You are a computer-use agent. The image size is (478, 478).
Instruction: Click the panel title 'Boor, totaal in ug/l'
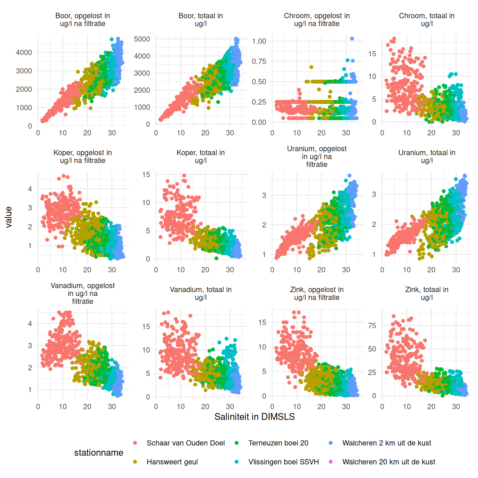point(200,20)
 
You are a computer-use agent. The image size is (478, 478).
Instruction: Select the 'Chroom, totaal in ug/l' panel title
point(427,20)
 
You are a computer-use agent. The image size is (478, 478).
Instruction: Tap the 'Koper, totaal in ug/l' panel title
point(200,157)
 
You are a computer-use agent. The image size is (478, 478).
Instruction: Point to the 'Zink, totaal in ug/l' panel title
point(427,293)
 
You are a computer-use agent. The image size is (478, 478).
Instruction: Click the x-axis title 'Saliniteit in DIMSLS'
point(254,417)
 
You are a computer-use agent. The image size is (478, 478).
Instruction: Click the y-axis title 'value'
point(9,217)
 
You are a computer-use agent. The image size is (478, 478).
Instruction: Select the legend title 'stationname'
point(98,452)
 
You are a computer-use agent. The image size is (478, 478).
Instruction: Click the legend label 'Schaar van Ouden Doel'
point(185,443)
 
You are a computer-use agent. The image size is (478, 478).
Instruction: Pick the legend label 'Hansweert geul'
point(172,462)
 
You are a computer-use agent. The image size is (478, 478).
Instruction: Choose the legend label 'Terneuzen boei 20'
point(278,443)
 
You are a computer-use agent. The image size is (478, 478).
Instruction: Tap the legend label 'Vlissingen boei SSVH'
point(284,462)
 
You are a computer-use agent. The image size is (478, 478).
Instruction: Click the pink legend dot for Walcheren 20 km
point(331,462)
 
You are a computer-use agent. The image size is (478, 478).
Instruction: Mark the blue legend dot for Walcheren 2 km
point(331,443)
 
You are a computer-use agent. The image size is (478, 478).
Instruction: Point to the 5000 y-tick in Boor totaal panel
point(142,39)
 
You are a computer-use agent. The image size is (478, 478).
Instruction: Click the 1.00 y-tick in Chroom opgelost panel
point(259,41)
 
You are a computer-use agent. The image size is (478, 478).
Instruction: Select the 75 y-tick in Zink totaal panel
point(372,326)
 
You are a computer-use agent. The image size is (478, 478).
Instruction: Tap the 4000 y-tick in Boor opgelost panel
point(24,53)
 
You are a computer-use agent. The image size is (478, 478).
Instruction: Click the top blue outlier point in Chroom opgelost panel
point(352,39)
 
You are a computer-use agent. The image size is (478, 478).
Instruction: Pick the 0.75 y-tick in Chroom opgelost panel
point(259,61)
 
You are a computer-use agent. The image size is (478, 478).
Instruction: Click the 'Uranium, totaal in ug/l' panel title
point(427,157)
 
